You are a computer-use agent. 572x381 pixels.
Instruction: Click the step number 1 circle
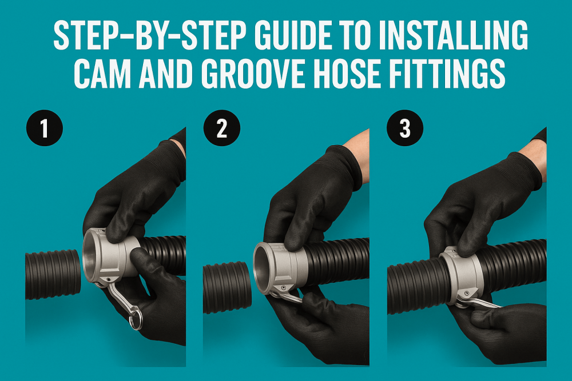click(44, 129)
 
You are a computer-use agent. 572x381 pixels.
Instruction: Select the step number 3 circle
click(405, 129)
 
